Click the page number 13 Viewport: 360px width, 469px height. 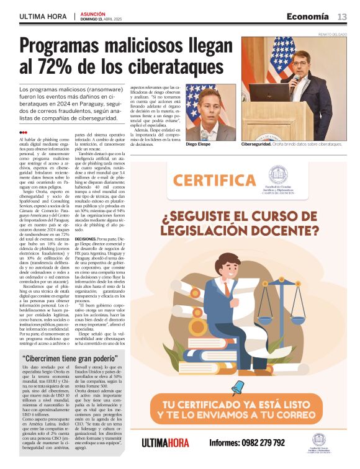coord(342,16)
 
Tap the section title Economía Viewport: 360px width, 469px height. coord(307,16)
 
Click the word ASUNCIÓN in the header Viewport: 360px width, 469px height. coord(93,13)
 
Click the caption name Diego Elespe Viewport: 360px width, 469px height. coord(199,145)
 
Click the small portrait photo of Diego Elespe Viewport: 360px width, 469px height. coord(211,112)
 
